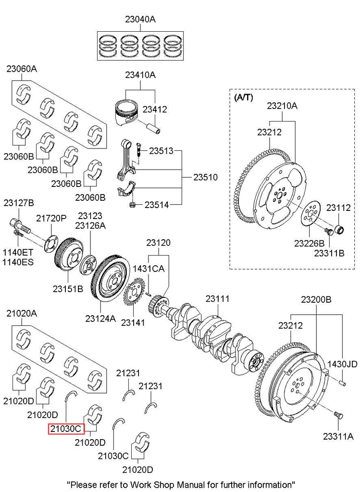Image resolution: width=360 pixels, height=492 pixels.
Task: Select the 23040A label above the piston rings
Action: click(140, 20)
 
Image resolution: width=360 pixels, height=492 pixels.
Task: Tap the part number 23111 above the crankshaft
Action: click(218, 299)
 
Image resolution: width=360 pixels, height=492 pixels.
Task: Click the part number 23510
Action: click(206, 177)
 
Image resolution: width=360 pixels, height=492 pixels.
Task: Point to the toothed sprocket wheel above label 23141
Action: click(132, 294)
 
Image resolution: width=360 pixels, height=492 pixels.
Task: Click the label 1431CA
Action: click(149, 269)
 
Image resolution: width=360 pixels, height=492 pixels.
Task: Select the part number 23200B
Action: click(316, 299)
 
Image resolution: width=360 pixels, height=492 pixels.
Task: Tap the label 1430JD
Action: click(342, 364)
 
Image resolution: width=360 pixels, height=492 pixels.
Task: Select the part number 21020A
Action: click(21, 313)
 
